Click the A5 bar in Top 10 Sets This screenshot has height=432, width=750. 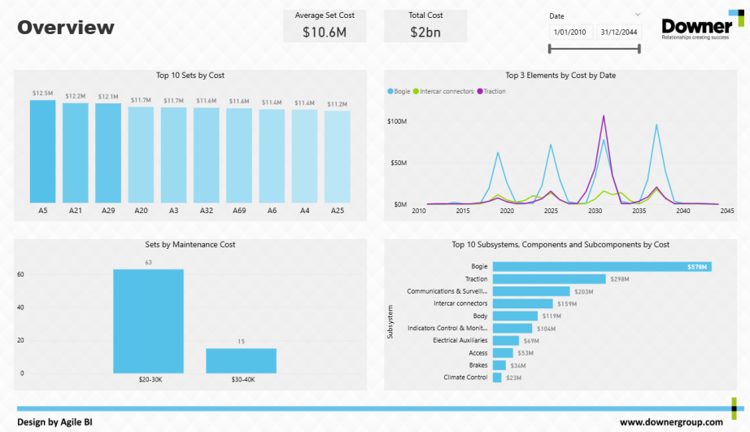point(42,152)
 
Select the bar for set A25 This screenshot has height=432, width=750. point(337,157)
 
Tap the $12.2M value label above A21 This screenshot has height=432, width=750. point(76,96)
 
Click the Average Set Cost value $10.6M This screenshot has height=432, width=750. point(325,32)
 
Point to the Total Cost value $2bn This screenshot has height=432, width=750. point(425,32)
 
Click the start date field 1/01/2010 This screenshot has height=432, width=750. point(569,32)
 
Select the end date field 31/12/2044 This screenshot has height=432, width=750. point(618,32)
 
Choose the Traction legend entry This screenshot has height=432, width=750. point(494,91)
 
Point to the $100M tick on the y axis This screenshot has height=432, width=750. point(397,121)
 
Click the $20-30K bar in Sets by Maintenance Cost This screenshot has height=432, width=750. point(148,321)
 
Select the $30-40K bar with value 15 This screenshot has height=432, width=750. point(241,360)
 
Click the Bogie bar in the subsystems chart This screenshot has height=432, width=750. point(602,266)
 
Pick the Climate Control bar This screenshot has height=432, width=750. point(497,377)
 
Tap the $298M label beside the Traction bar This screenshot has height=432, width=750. point(620,280)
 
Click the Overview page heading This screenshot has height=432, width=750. point(66,28)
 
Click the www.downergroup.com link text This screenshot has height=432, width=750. point(671,422)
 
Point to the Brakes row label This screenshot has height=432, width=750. point(477,365)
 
